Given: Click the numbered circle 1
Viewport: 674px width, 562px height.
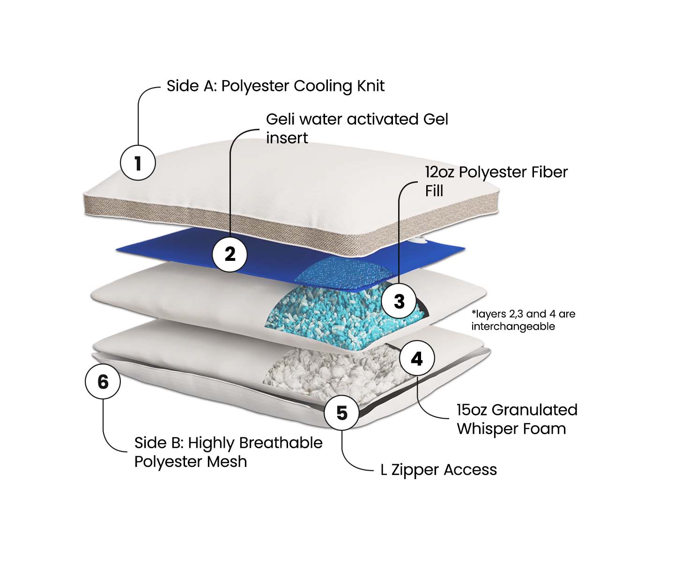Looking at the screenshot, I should click(138, 163).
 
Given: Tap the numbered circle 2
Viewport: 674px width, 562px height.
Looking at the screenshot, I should click(230, 254).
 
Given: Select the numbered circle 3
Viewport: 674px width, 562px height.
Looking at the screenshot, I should click(399, 301).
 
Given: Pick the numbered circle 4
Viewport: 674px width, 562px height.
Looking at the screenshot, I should click(417, 358).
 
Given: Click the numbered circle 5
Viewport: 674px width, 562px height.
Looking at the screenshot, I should click(342, 413).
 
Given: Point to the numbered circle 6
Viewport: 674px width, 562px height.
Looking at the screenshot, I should click(103, 381).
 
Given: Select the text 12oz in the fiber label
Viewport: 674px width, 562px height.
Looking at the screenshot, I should click(440, 172).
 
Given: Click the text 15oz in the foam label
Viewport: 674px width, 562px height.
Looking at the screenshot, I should click(472, 410).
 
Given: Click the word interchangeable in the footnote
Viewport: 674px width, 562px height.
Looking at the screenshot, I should click(513, 326).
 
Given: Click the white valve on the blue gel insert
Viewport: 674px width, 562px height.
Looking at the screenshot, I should click(419, 241).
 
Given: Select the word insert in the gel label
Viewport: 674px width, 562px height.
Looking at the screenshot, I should click(287, 138).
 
